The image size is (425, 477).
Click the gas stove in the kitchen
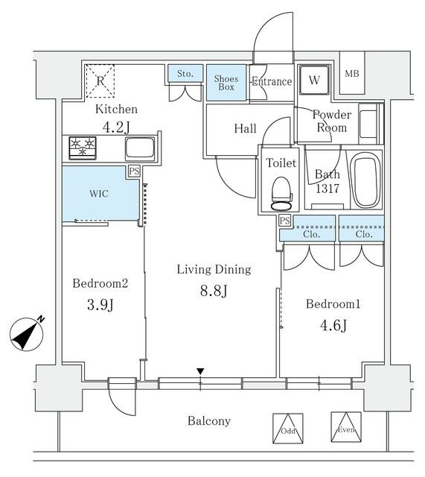pos(83,148)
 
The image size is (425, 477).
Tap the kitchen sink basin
pos(140,148)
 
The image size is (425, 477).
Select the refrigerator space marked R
pos(100,81)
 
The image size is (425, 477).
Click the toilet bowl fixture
pos(281,194)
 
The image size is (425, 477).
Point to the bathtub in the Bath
pos(365,180)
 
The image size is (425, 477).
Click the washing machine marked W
pos(314,80)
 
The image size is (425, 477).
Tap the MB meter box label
pos(352,74)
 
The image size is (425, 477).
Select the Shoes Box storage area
pos(226,83)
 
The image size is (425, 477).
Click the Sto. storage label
pos(185,74)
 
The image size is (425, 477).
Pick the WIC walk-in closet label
pos(99,194)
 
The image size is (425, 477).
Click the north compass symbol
pos(27,333)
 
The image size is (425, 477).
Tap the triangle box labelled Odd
pos(288,429)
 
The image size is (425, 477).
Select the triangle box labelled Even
pos(346,427)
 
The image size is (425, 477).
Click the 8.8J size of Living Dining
pos(214,291)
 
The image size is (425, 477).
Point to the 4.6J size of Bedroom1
pos(333,326)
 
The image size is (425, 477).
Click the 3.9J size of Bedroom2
pos(100,305)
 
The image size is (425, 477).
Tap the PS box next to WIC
pos(134,171)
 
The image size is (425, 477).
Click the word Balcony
pos(209,421)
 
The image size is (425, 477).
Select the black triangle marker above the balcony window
pos(200,371)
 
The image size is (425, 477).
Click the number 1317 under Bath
pos(327,189)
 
